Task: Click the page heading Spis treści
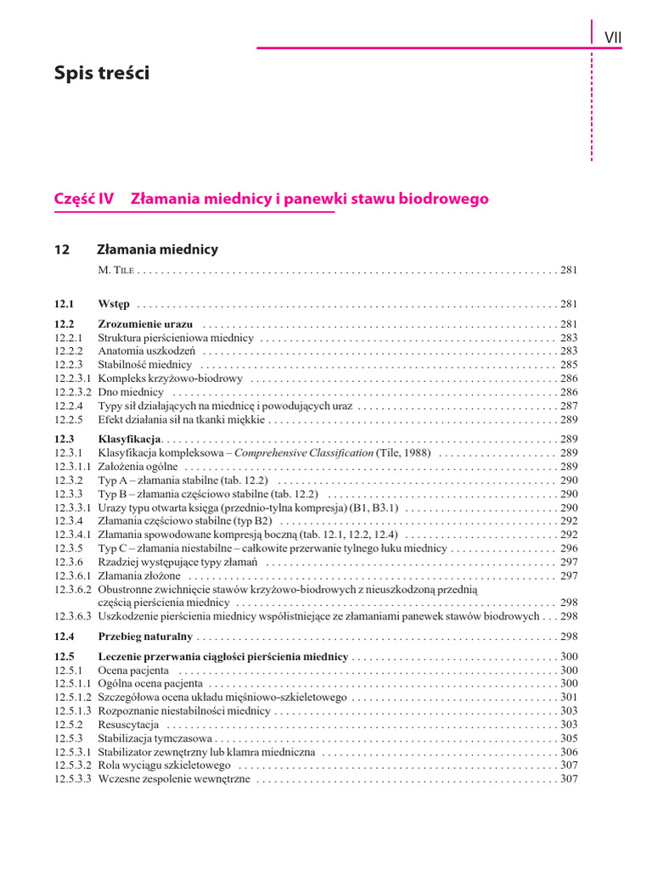[101, 74]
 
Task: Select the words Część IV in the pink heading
[83, 199]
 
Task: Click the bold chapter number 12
[61, 249]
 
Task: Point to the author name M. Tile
[116, 271]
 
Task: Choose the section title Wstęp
[114, 304]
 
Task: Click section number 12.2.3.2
[73, 392]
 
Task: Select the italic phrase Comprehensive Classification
[304, 453]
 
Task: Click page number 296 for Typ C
[569, 548]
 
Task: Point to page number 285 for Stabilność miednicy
[569, 365]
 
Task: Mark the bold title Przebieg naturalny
[145, 636]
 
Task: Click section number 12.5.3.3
[73, 779]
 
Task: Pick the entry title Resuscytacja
[128, 725]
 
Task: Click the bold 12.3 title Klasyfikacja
[129, 440]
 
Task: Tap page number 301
[569, 698]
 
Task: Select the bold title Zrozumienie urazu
[145, 324]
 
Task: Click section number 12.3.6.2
[73, 589]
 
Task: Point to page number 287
[569, 406]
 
